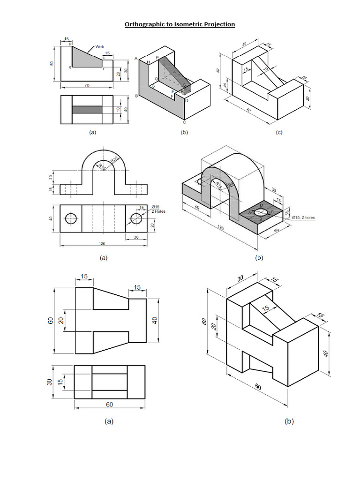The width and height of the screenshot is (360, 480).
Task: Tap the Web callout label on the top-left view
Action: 99,46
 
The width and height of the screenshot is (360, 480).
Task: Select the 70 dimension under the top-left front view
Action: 87,85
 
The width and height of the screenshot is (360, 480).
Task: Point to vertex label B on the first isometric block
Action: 136,96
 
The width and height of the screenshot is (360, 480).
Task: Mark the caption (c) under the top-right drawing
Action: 279,133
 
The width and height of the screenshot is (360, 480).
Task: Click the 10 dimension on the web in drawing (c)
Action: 265,69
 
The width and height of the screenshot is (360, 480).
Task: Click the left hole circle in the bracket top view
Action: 71,218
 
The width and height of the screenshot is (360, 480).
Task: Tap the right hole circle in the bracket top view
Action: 136,218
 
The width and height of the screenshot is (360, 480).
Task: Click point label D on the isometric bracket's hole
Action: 261,206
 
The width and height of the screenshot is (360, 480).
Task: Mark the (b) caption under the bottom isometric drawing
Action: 289,421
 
